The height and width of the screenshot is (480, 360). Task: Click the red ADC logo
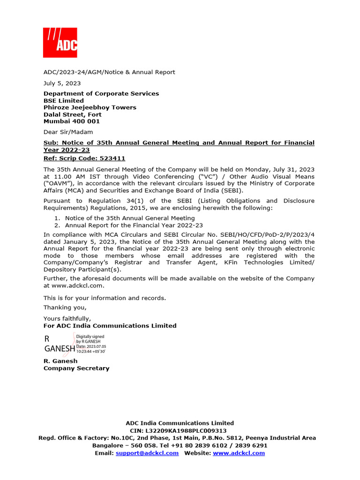(60, 43)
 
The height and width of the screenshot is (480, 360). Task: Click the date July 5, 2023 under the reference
(62, 83)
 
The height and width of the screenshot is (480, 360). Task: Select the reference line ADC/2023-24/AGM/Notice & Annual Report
(109, 72)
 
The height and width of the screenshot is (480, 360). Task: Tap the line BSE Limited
(64, 101)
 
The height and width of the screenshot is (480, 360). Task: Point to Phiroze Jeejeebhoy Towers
(90, 107)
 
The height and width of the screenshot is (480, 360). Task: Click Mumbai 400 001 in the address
(72, 121)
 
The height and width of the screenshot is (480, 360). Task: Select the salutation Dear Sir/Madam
(68, 132)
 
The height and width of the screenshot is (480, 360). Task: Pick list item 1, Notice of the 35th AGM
(129, 218)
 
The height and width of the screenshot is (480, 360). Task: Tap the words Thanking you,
(65, 307)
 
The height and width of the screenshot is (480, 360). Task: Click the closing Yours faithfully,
(67, 319)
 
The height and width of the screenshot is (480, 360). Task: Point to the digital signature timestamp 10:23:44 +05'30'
(91, 351)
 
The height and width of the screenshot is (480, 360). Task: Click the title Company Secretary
(76, 368)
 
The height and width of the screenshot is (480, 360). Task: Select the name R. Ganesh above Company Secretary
(60, 361)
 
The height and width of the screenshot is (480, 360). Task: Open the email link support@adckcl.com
(147, 453)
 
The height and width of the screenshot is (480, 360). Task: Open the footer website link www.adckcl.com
(239, 453)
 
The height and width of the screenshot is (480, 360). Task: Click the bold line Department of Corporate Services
(101, 94)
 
